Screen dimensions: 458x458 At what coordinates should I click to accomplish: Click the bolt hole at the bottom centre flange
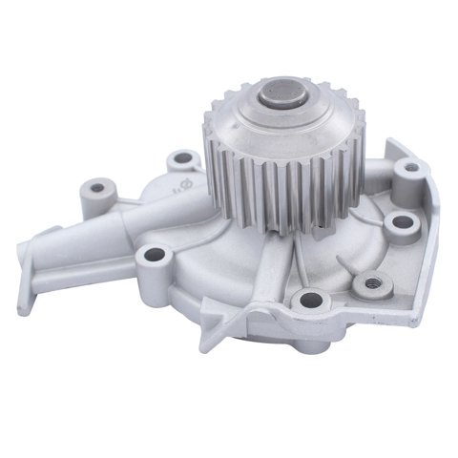307,301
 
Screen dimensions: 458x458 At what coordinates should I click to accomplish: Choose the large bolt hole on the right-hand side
402,221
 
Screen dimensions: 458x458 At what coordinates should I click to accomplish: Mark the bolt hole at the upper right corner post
411,168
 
